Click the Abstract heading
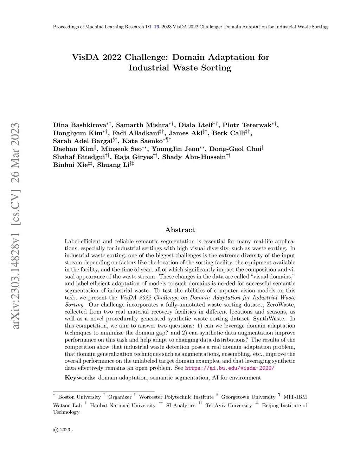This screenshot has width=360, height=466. [180, 230]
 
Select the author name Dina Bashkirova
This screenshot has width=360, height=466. [79, 125]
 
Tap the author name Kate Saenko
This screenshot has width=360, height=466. [142, 141]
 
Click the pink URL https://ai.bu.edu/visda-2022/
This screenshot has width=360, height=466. [229, 368]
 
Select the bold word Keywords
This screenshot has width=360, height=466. [80, 378]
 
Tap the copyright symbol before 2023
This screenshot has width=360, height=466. [56, 430]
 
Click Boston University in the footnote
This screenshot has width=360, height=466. [79, 397]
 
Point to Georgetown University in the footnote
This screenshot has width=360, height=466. [248, 397]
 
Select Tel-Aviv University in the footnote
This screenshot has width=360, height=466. [229, 406]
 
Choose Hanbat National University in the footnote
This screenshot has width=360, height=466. [123, 406]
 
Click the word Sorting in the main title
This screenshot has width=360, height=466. [216, 68]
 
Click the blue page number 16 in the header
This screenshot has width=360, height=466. [156, 27]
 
